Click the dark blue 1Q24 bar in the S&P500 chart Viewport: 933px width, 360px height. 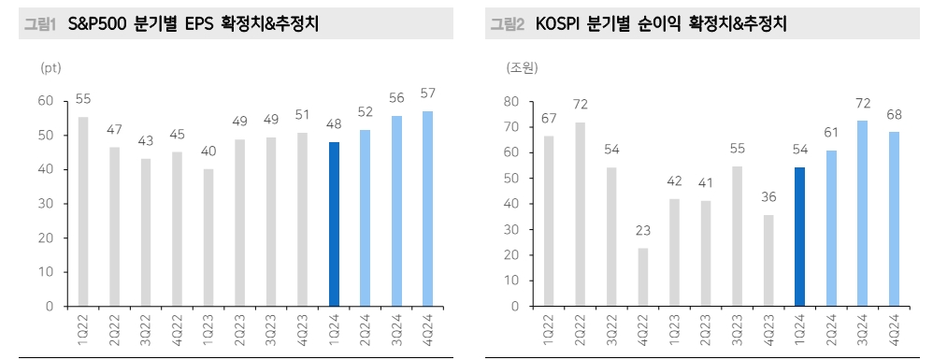(335, 224)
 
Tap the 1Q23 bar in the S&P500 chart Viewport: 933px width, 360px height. (208, 238)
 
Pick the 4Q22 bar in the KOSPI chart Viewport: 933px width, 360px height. (643, 277)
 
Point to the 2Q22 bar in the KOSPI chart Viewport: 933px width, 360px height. (581, 214)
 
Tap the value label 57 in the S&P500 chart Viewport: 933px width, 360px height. (427, 94)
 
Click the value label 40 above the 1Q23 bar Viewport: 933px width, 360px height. (208, 151)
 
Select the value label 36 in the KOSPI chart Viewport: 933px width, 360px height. (768, 196)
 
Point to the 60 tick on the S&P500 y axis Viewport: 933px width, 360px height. (46, 101)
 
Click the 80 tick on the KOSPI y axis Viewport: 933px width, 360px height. (511, 101)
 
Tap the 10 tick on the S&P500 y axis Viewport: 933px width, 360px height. (46, 272)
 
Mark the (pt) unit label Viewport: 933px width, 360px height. (50, 68)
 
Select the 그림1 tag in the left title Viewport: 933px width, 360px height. (40, 25)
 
